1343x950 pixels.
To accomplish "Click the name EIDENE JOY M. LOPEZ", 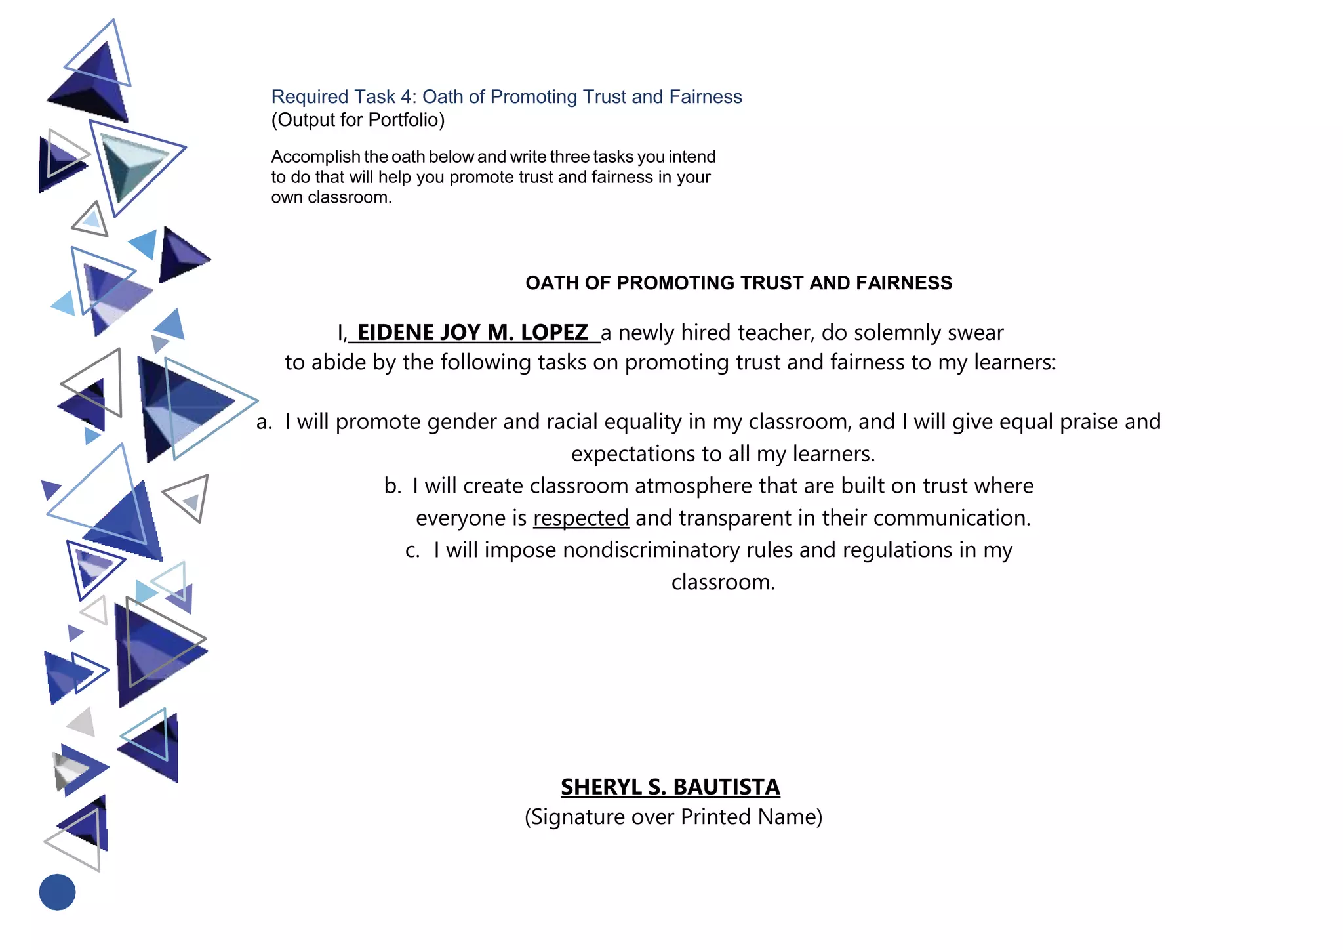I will click(473, 333).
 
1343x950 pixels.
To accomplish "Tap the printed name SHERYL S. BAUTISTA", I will click(670, 787).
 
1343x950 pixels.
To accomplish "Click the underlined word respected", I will click(581, 518).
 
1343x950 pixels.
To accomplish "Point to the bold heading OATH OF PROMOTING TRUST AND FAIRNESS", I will click(738, 283).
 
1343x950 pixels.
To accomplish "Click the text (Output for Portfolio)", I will click(358, 119).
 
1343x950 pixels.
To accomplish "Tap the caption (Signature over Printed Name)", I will click(673, 817).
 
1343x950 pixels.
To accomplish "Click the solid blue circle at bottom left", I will click(58, 892).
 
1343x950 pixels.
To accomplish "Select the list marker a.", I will click(264, 422).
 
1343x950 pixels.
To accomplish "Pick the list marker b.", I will click(392, 486).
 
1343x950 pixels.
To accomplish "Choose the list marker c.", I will click(412, 550).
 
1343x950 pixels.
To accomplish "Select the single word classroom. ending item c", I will click(723, 582).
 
